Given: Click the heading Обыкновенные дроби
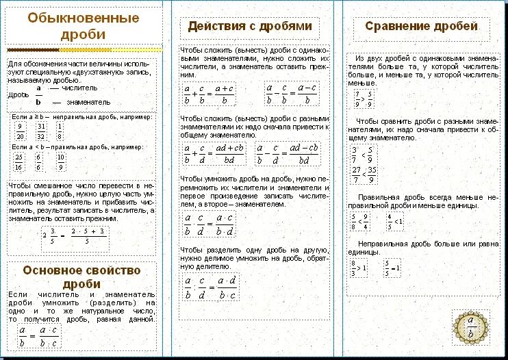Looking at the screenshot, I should [x=83, y=26].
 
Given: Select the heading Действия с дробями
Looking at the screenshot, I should [x=250, y=27].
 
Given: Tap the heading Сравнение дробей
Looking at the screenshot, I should [x=420, y=27].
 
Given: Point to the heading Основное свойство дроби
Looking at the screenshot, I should [x=81, y=277].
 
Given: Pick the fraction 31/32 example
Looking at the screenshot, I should [x=41, y=131].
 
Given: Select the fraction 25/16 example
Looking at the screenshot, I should [x=19, y=162].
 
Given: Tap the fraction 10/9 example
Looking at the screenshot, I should [x=61, y=162].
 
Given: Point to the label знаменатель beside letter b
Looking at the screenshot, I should [x=79, y=101].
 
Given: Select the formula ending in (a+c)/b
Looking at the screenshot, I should [x=209, y=94].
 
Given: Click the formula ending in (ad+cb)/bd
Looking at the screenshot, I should [x=214, y=153].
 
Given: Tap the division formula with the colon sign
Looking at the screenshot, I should [x=209, y=287].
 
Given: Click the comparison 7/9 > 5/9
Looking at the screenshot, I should [x=363, y=99].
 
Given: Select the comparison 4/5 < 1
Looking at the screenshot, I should [x=394, y=221].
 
